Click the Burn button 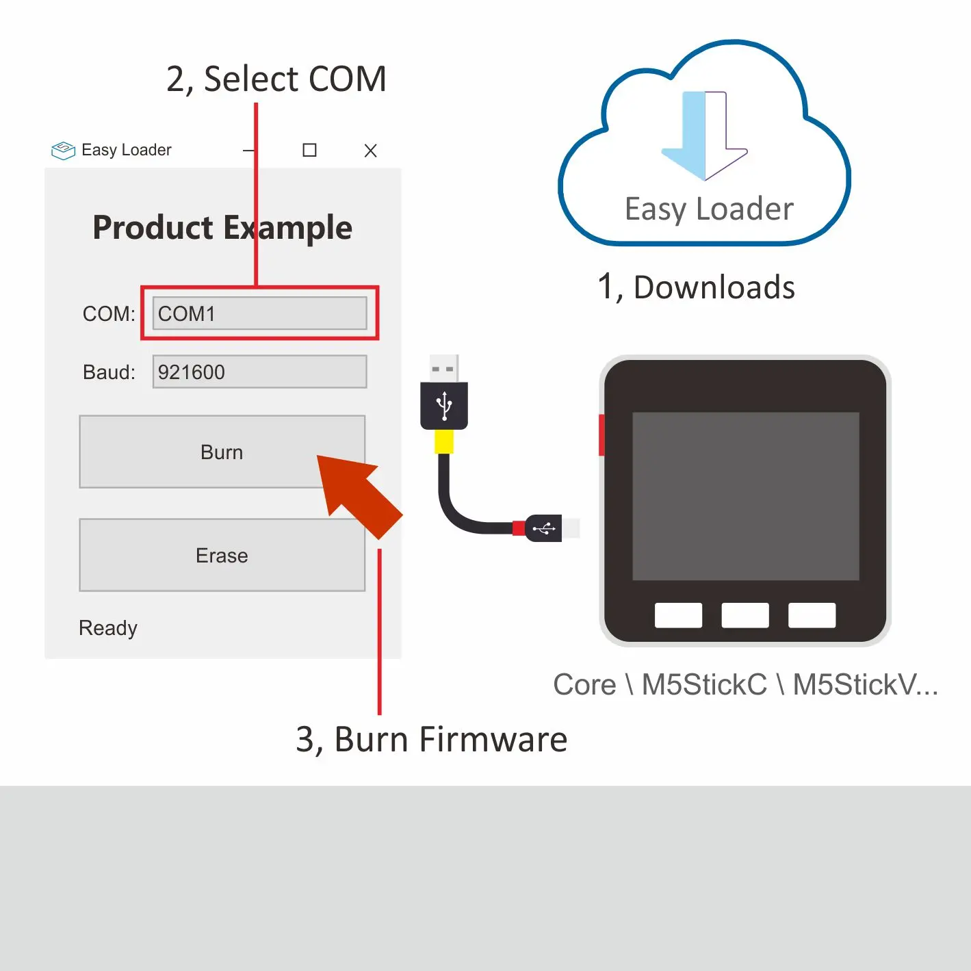pyautogui.click(x=221, y=452)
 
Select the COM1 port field pyautogui.click(x=259, y=313)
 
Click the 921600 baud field pyautogui.click(x=259, y=372)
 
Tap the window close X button pyautogui.click(x=370, y=151)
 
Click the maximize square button pyautogui.click(x=309, y=150)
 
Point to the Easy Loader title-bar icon pyautogui.click(x=63, y=150)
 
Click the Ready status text pyautogui.click(x=108, y=627)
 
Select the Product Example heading pyautogui.click(x=222, y=227)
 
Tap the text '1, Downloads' pyautogui.click(x=696, y=287)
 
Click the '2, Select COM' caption pyautogui.click(x=276, y=79)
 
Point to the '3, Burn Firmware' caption pyautogui.click(x=431, y=740)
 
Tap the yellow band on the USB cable pyautogui.click(x=444, y=441)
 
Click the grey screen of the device pyautogui.click(x=745, y=496)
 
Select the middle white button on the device pyautogui.click(x=745, y=614)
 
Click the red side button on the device pyautogui.click(x=601, y=435)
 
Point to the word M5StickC pyautogui.click(x=703, y=684)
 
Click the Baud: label pyautogui.click(x=109, y=372)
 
